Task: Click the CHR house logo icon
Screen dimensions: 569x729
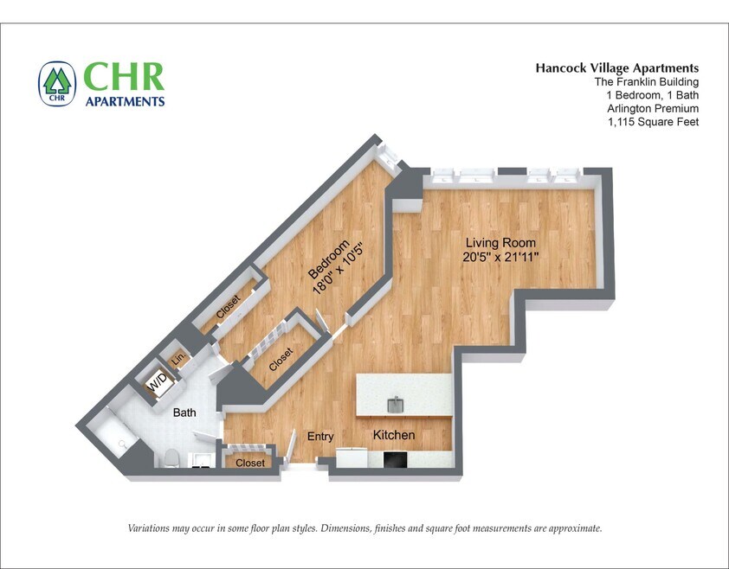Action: pos(57,83)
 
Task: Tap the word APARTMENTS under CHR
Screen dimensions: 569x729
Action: pos(124,101)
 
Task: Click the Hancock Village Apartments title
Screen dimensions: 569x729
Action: pos(616,67)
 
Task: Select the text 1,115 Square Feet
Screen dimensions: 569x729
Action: pos(654,122)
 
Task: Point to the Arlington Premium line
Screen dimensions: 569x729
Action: pos(654,108)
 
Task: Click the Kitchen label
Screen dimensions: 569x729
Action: pos(394,435)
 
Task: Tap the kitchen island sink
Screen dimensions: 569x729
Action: pos(395,404)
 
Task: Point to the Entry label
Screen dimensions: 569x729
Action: pos(320,437)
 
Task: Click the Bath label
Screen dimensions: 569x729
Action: pos(184,413)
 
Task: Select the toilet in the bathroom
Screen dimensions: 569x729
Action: pos(171,457)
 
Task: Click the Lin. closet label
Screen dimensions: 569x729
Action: pos(178,359)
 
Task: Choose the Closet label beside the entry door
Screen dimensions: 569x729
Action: pos(250,463)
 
